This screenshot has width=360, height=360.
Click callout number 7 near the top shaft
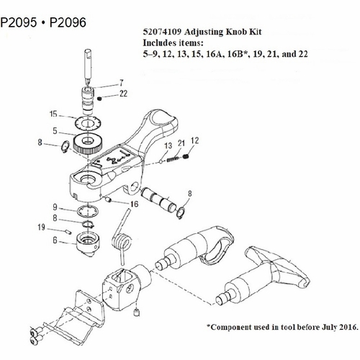tap(122, 84)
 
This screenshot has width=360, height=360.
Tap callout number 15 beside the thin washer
tap(53, 114)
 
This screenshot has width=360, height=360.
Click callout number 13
tap(167, 145)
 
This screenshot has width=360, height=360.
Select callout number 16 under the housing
tap(133, 204)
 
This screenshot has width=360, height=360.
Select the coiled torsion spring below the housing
tap(123, 243)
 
